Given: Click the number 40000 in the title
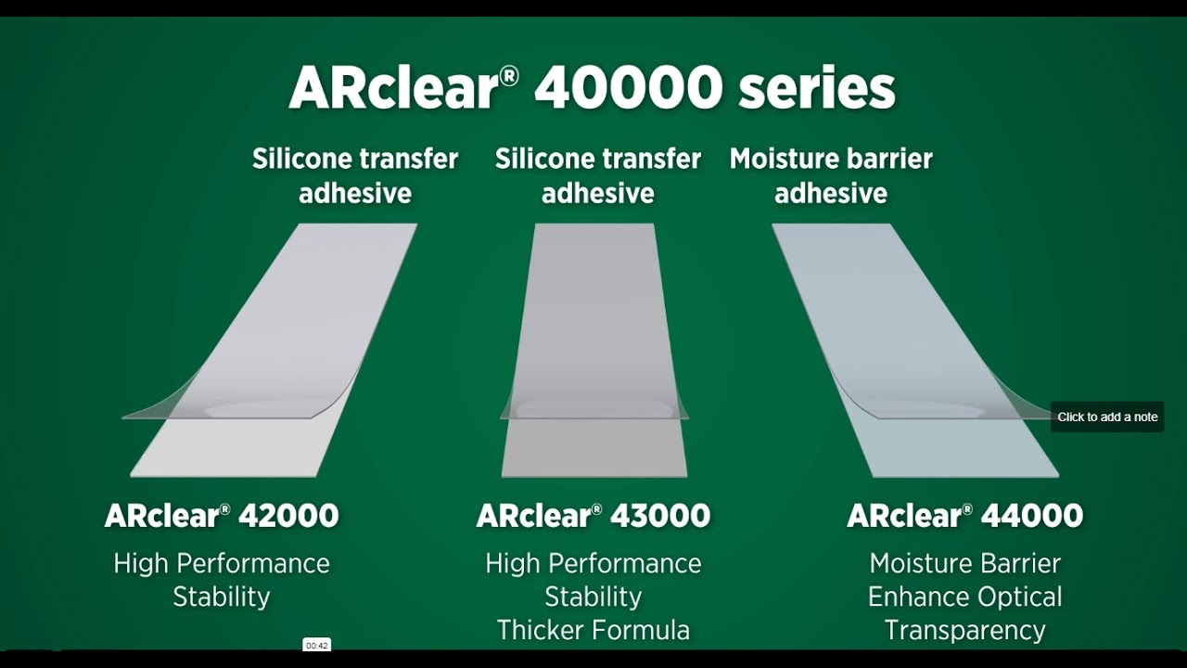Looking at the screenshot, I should [628, 88].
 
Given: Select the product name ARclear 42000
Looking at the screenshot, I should [222, 516].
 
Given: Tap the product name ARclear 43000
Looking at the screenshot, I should [593, 516].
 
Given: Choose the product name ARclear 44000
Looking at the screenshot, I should [964, 516].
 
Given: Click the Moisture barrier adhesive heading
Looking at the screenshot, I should [831, 175].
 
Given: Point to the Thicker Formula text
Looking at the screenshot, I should [593, 630].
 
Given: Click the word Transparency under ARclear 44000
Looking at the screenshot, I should [964, 630].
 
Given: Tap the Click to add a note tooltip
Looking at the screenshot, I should [1107, 417].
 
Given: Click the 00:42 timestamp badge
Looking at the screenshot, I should [316, 645].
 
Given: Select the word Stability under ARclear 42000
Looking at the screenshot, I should [222, 597].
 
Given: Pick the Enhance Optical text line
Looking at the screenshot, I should [964, 597].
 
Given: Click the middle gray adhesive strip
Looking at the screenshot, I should [593, 315].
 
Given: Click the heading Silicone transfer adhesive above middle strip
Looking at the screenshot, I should [598, 175].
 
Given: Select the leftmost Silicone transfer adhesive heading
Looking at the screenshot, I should [355, 175].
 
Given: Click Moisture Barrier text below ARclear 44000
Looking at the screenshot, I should [964, 563].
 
